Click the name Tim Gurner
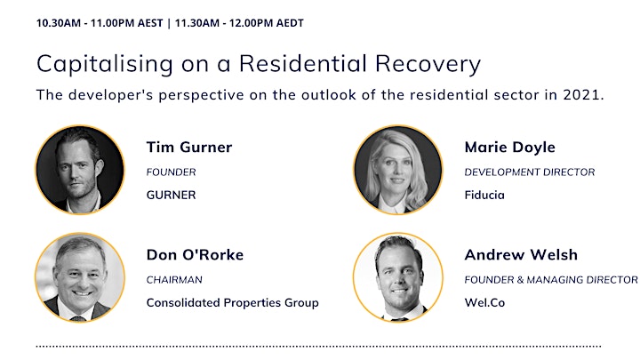coord(189,147)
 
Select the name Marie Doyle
coord(510,148)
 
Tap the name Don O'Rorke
coord(195,255)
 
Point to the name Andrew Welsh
coord(521,255)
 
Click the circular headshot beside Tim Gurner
coord(80,170)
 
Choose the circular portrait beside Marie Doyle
coord(398,170)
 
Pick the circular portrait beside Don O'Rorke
coord(80,277)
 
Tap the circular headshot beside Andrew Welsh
coord(398,277)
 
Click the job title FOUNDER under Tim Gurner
coord(171,172)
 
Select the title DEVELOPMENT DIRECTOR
coord(530,172)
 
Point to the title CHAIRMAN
coord(174,280)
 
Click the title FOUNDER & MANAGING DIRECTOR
coord(551,280)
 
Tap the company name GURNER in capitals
coord(171,195)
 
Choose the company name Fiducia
coord(484,195)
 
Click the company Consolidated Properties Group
coord(233,303)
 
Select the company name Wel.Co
coord(484,303)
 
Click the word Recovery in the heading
coord(428,65)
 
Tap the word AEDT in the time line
coord(290,23)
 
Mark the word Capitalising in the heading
coord(105,65)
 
